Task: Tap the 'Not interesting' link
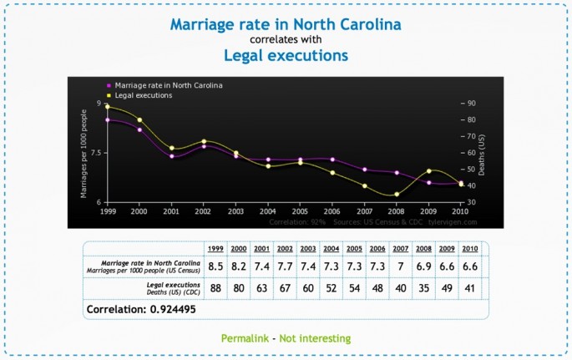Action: pyautogui.click(x=316, y=338)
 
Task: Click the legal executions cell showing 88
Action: pyautogui.click(x=215, y=288)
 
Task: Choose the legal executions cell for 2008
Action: pyautogui.click(x=423, y=288)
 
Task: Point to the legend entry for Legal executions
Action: pyautogui.click(x=143, y=95)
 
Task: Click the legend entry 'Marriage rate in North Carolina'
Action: pyautogui.click(x=168, y=85)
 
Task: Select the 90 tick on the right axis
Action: pyautogui.click(x=472, y=104)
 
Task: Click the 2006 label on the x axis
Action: pyautogui.click(x=332, y=212)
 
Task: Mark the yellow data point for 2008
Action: pyautogui.click(x=397, y=195)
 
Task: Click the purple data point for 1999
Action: pyautogui.click(x=107, y=120)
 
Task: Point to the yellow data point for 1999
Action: pyautogui.click(x=107, y=106)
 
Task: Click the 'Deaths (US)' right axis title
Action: pyautogui.click(x=481, y=153)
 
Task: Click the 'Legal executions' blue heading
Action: pyautogui.click(x=285, y=56)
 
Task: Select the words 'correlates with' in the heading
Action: pyautogui.click(x=285, y=38)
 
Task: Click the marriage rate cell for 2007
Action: pyautogui.click(x=401, y=266)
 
